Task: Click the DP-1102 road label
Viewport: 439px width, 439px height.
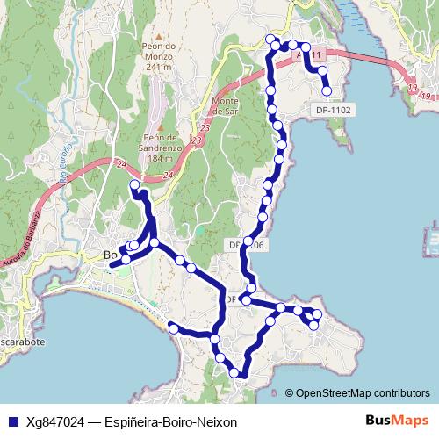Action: pyautogui.click(x=332, y=110)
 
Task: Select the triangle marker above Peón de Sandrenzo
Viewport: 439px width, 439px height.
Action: pyautogui.click(x=162, y=126)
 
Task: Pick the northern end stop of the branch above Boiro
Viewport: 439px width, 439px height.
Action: pyautogui.click(x=134, y=185)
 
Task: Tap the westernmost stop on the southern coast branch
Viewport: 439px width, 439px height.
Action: pyautogui.click(x=174, y=328)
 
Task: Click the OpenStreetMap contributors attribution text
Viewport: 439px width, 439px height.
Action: pyautogui.click(x=363, y=393)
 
